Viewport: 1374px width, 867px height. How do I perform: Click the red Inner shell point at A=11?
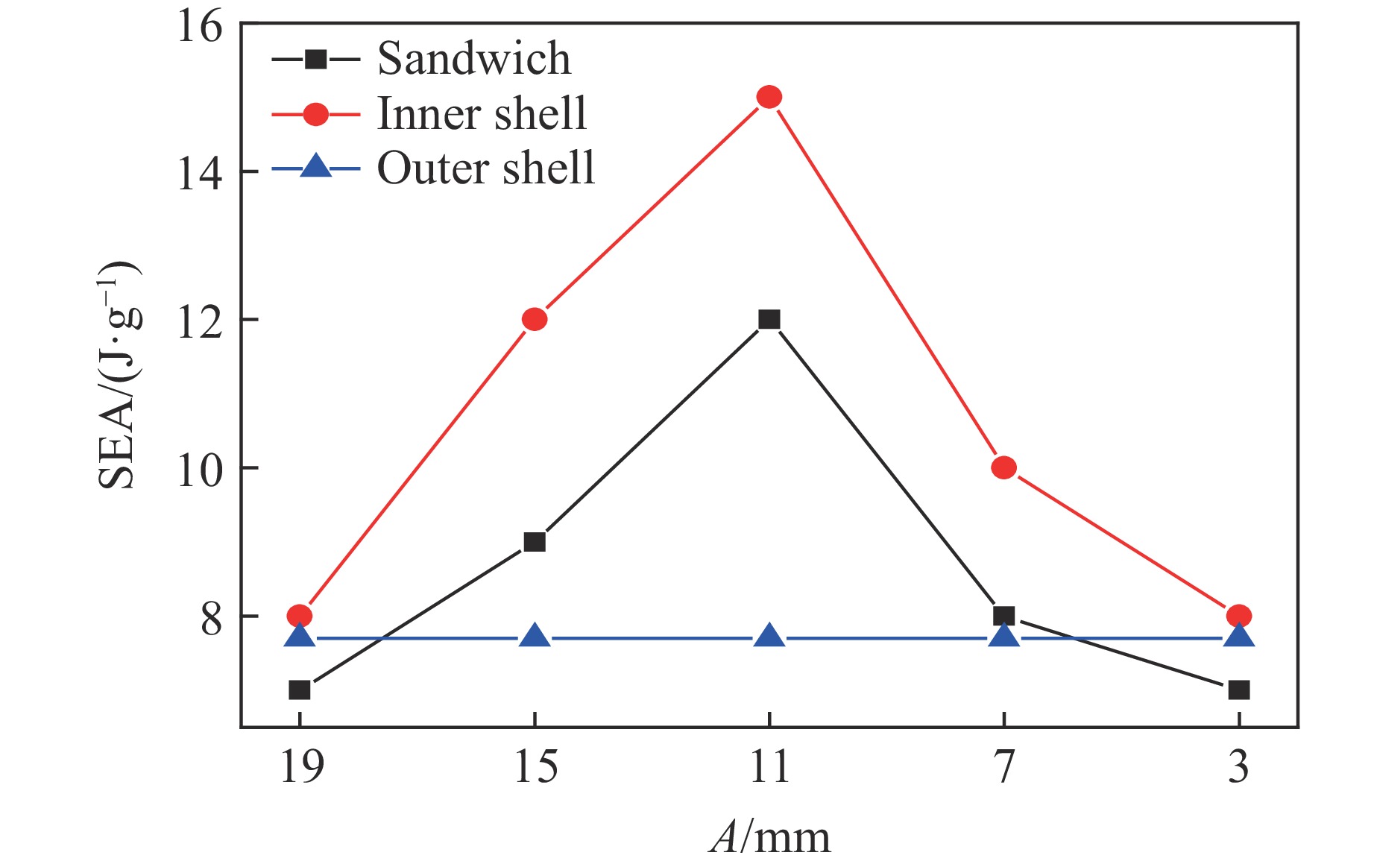tap(769, 97)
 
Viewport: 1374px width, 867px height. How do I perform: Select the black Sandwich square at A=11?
tap(769, 319)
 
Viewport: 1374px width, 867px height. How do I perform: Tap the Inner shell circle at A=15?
tap(535, 319)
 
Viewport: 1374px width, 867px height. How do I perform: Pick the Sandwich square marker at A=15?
tap(535, 542)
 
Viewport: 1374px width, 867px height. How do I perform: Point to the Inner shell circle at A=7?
tap(1003, 467)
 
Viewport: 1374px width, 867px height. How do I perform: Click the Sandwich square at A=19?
tap(300, 690)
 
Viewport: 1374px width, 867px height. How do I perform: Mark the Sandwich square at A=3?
tap(1238, 690)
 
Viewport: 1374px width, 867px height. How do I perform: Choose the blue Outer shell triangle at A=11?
tap(769, 637)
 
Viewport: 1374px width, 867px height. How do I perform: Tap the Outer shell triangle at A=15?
tap(535, 637)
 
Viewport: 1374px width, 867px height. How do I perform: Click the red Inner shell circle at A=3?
tap(1238, 616)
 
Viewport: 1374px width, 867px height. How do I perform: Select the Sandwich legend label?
tap(474, 58)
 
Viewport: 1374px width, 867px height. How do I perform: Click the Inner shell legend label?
tap(482, 113)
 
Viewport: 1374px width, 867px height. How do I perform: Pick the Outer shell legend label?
tap(486, 168)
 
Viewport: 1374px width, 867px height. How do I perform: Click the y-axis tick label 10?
tap(200, 470)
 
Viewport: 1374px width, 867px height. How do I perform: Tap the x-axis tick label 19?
tap(301, 766)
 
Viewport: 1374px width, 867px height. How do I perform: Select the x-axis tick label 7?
tap(1004, 766)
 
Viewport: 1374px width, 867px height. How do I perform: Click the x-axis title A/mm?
tap(770, 836)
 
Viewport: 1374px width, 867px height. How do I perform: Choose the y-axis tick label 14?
tap(200, 174)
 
